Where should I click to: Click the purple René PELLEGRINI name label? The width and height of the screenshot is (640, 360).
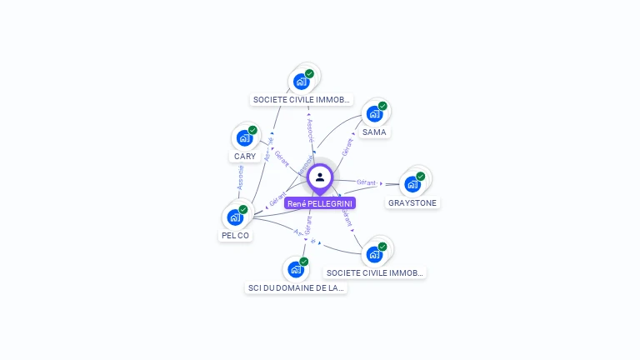coord(320,203)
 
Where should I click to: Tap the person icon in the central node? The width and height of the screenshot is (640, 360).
coord(320,177)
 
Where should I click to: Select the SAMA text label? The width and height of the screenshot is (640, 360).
coord(374,132)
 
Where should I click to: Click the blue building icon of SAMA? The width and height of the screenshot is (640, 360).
coord(373,114)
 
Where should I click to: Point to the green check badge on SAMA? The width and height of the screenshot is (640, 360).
coord(382,106)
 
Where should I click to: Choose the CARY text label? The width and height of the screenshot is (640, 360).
coord(245,157)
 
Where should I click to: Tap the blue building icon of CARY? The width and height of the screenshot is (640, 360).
coord(244,138)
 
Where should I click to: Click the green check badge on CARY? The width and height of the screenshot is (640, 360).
coord(252,130)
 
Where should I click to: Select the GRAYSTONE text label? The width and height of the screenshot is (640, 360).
coord(412,202)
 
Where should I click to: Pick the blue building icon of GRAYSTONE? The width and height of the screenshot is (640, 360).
coord(412,184)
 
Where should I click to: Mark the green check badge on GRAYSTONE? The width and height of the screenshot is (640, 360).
coord(421,176)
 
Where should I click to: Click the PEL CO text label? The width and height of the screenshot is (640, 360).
coord(235,236)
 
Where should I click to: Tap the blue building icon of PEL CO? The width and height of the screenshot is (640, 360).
coord(235,217)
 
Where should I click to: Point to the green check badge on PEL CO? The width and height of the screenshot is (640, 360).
coord(243,209)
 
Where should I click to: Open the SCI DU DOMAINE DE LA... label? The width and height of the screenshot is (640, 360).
coord(296,288)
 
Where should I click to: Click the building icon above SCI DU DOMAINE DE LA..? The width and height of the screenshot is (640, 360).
coord(295,270)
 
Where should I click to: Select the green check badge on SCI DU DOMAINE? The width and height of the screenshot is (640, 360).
coord(304,262)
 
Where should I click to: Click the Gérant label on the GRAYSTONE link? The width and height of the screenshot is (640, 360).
coord(367,182)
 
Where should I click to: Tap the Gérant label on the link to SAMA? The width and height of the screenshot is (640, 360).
coord(347,147)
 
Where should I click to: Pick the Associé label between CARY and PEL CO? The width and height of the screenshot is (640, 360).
coord(240,177)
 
